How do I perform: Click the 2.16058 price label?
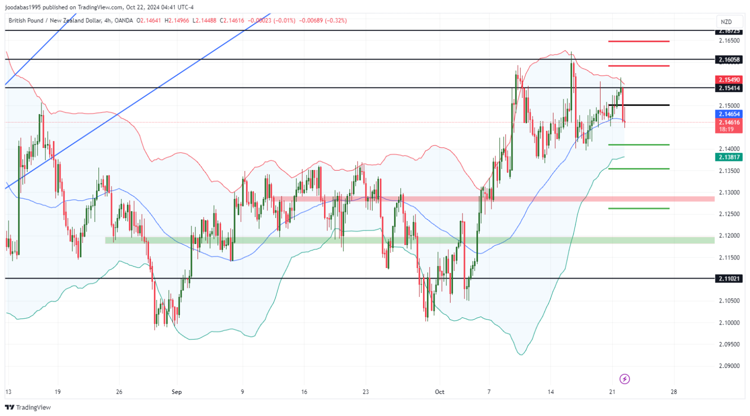tap(729, 60)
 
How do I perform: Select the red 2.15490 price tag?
tap(729, 79)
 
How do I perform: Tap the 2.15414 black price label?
tap(729, 88)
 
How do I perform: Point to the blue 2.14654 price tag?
tap(729, 114)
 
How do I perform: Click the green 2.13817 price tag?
tap(729, 157)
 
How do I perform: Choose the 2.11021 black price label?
tap(729, 278)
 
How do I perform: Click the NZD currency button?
tap(726, 21)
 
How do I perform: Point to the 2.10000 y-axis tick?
tap(729, 322)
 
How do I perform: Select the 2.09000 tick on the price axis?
tap(729, 366)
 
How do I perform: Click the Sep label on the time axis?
tap(176, 392)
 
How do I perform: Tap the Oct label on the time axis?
tap(439, 392)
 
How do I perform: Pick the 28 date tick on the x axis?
tap(674, 392)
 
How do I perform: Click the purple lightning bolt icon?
tap(624, 379)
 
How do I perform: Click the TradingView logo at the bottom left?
tap(28, 407)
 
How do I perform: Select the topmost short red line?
tap(638, 41)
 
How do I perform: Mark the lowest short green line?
tap(638, 208)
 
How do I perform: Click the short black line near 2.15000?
tap(638, 105)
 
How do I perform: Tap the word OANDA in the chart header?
tap(123, 20)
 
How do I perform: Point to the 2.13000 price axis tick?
tap(729, 192)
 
